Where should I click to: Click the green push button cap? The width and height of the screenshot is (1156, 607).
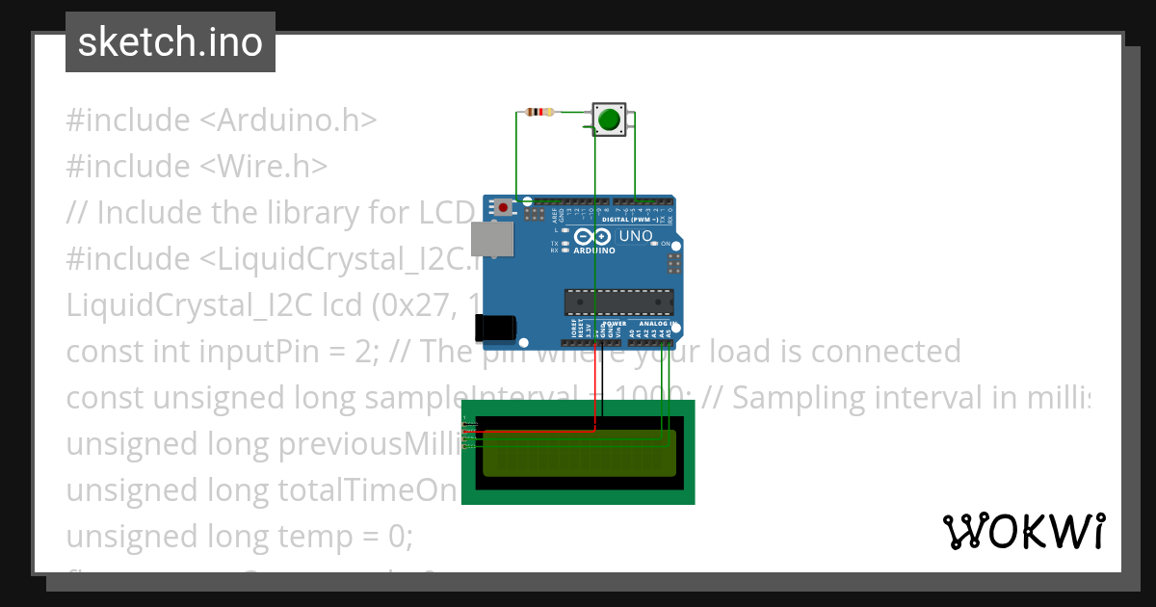click(609, 120)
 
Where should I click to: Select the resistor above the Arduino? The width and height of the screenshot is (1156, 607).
click(540, 112)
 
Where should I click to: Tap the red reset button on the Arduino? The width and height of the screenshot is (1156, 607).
click(503, 206)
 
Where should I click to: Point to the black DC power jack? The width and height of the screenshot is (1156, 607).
click(495, 327)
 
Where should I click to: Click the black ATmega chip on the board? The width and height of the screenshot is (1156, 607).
click(617, 302)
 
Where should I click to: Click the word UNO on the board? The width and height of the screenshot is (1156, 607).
click(636, 236)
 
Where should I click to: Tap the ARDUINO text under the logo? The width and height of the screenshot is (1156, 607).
click(594, 251)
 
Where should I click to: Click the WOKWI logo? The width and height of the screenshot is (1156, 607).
click(1023, 531)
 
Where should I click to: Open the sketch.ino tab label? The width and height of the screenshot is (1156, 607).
click(171, 42)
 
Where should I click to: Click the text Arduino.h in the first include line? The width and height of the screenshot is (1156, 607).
click(289, 120)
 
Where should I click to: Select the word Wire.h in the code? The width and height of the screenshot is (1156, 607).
click(265, 167)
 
